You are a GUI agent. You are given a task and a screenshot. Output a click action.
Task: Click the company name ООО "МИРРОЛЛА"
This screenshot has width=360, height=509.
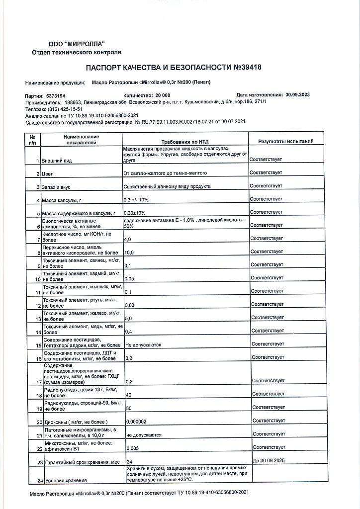77,44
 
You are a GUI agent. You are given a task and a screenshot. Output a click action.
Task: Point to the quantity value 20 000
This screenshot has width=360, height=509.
163,95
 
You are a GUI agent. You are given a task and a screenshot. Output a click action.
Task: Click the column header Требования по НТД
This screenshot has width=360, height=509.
185,142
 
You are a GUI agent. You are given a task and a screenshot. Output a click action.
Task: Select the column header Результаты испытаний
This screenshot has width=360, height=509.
285,142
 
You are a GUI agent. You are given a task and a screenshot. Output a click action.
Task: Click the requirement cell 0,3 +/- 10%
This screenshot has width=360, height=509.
136,200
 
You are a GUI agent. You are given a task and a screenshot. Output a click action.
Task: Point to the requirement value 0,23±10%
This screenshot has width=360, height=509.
134,213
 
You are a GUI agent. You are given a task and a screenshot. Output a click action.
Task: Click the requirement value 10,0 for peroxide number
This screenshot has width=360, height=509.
129,253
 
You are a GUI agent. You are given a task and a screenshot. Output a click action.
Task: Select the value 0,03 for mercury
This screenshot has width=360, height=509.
130,305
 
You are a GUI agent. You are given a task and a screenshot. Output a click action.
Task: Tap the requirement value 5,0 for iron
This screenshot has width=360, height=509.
128,318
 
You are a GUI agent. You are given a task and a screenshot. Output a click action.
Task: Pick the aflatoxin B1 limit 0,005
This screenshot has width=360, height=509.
133,448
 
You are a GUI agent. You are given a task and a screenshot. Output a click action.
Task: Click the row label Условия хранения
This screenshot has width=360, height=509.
66,480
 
